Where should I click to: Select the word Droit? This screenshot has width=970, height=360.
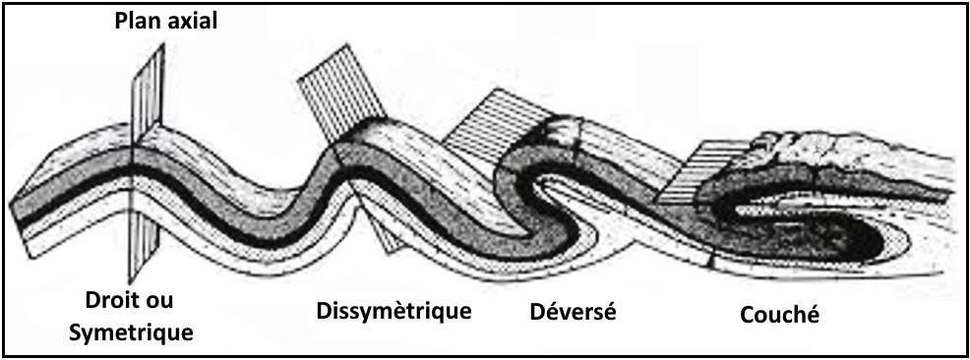tap(106, 300)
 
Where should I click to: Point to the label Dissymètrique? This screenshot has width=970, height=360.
tap(394, 312)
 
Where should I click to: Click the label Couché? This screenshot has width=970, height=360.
tap(779, 316)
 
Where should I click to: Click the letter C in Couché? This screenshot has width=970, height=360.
tap(747, 316)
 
